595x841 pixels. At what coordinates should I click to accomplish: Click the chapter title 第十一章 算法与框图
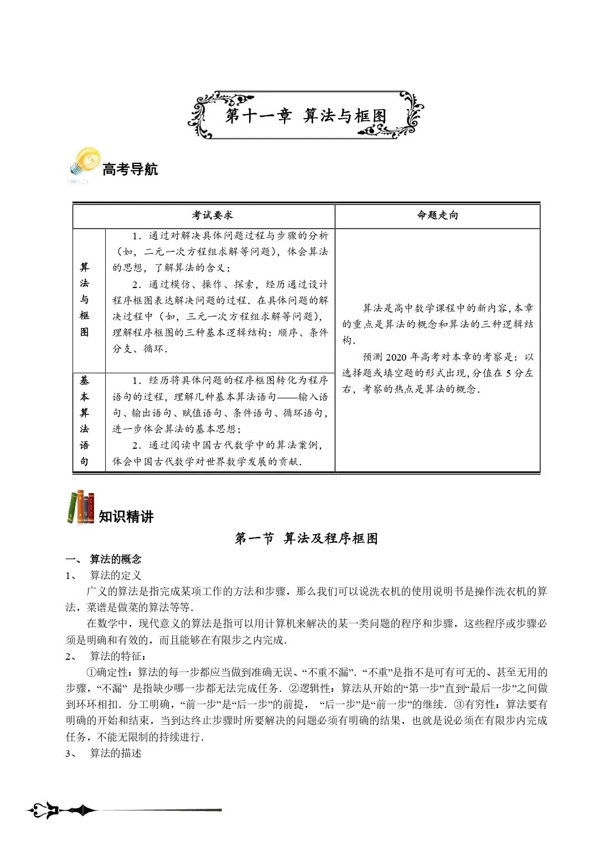click(306, 116)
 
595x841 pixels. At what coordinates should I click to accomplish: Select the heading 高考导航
click(130, 169)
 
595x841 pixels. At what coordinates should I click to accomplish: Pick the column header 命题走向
click(437, 216)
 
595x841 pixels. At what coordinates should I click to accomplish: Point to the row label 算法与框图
click(84, 300)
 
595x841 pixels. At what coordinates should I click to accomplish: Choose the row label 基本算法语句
click(84, 421)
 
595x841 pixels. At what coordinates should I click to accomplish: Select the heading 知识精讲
click(126, 517)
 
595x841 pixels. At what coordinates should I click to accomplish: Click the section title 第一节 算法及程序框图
click(306, 539)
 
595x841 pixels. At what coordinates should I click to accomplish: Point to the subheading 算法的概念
click(116, 559)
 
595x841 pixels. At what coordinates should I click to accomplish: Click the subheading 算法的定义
click(116, 575)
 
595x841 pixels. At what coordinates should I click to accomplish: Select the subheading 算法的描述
click(116, 753)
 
